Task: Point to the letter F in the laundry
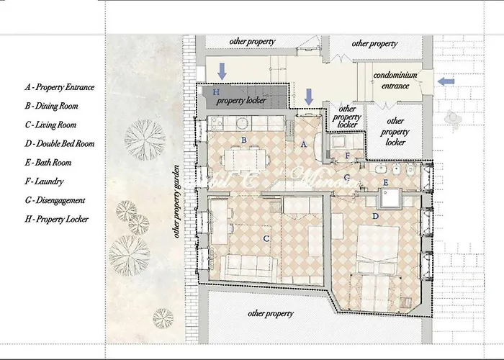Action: tap(347, 156)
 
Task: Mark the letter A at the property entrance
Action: tap(303, 144)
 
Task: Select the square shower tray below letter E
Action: tap(392, 199)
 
